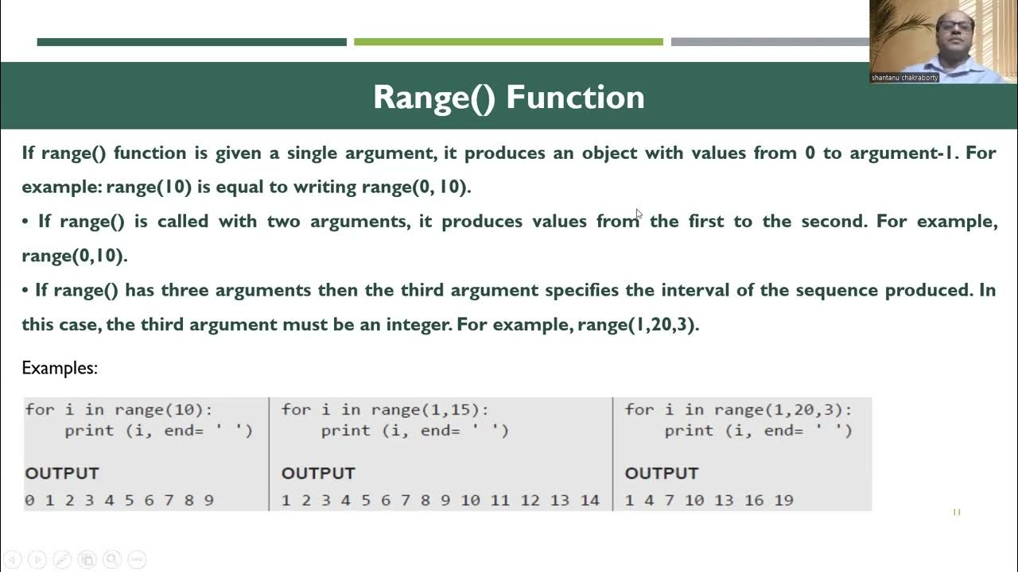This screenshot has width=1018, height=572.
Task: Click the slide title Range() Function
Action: [508, 97]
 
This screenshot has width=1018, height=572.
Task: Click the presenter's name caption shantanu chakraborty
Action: [904, 78]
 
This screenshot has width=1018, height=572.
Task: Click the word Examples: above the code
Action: [60, 368]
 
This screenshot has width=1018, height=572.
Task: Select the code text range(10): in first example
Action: [164, 410]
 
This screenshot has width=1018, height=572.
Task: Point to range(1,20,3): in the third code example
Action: [783, 410]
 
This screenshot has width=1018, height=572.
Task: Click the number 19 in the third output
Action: [783, 500]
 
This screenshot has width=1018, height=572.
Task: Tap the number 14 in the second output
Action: [589, 500]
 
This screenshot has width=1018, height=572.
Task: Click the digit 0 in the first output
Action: [29, 500]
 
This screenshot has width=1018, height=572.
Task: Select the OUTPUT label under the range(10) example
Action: [62, 473]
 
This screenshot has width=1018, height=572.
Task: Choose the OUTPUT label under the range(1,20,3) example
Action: [662, 473]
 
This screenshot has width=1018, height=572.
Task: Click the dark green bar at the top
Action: [191, 42]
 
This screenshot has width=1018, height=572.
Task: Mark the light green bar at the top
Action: [508, 42]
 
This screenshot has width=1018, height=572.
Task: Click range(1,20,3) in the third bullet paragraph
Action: [637, 324]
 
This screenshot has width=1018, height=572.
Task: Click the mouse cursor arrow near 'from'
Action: [639, 214]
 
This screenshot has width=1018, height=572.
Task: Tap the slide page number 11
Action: [957, 512]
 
